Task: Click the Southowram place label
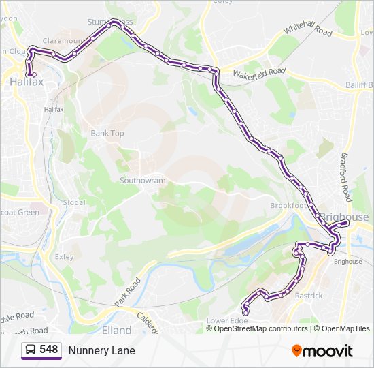[142, 181]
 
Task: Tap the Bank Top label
[107, 134]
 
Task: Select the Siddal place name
[74, 202]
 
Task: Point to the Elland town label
[116, 330]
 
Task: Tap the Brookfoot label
[288, 206]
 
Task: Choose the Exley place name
[64, 257]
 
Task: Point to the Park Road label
[127, 291]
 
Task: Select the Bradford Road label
[345, 174]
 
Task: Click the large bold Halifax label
[27, 82]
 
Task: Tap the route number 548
[49, 350]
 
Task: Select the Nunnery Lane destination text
[101, 350]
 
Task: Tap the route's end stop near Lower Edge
[245, 311]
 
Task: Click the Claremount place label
[67, 41]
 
